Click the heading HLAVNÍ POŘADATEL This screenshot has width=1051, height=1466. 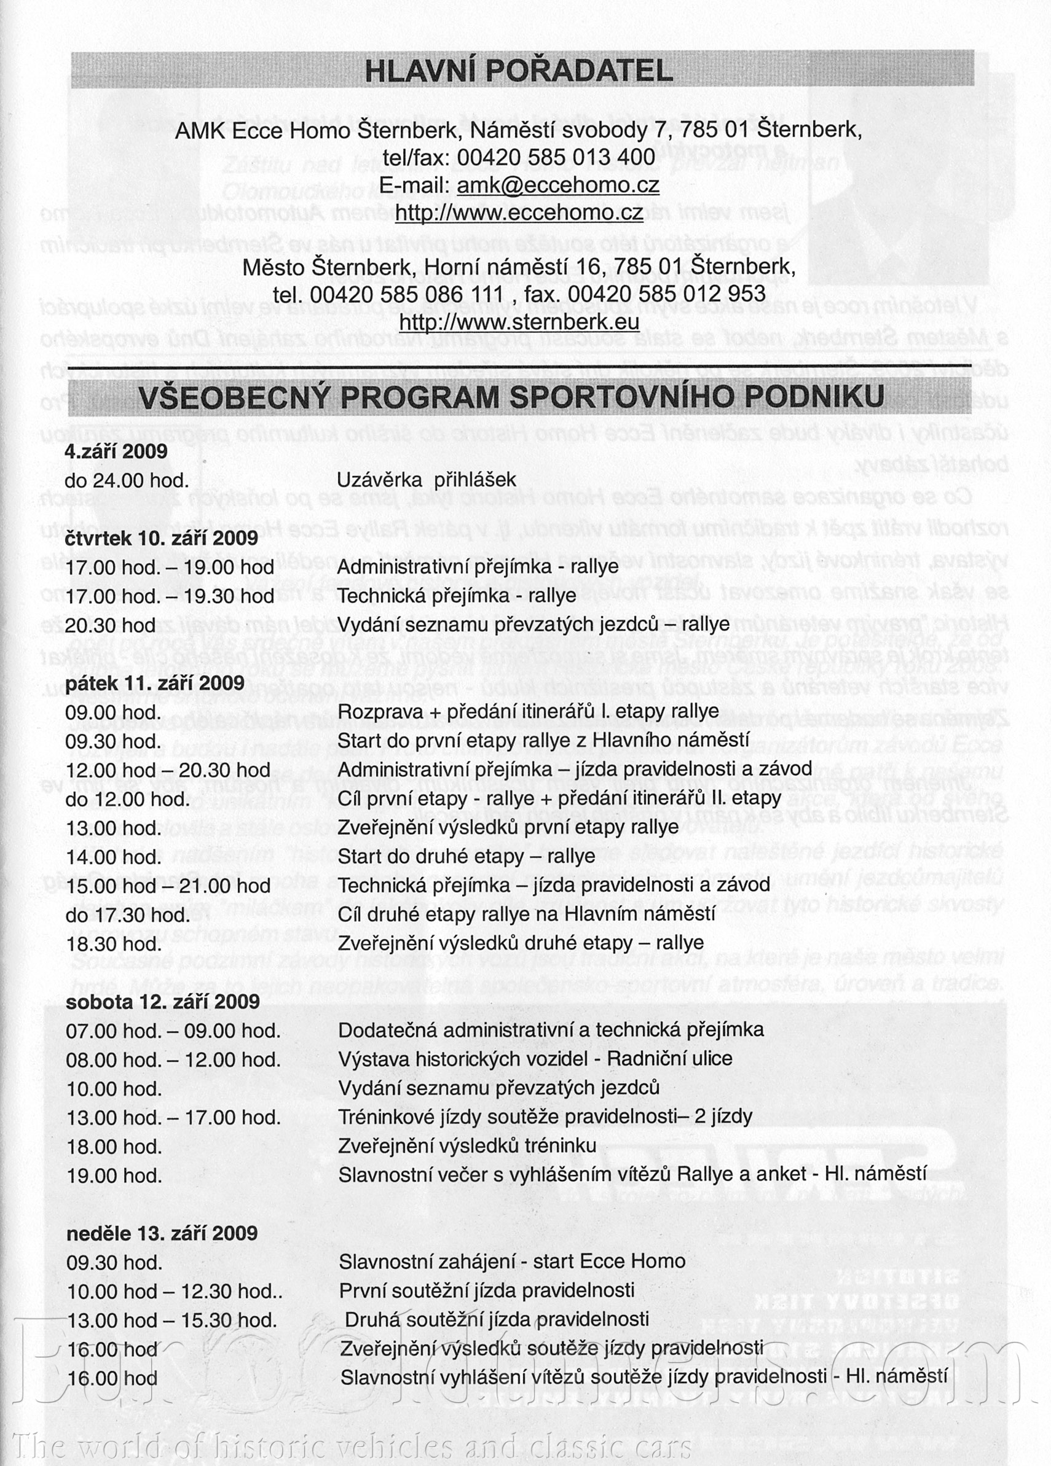coord(519,71)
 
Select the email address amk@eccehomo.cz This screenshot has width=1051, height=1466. coord(557,185)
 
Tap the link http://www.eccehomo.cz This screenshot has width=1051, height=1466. coord(519,212)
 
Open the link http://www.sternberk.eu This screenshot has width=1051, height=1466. coord(519,321)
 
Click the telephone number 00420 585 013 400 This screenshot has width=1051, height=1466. coord(556,157)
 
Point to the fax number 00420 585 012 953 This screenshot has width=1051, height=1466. coord(666,294)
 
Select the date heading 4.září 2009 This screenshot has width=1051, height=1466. coord(116,451)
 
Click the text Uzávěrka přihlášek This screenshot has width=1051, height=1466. coord(426,480)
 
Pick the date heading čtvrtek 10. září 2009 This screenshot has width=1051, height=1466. coord(161,538)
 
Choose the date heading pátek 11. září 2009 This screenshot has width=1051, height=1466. coord(155,683)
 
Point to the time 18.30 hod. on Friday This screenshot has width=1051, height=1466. coord(114,943)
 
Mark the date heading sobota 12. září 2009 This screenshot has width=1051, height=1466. coord(162,1001)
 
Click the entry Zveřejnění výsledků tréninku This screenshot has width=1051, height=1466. coord(467,1145)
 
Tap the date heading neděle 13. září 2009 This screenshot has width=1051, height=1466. coord(162,1233)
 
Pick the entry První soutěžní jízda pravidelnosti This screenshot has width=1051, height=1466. coord(486,1290)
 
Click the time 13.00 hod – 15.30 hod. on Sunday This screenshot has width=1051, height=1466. coord(171,1319)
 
